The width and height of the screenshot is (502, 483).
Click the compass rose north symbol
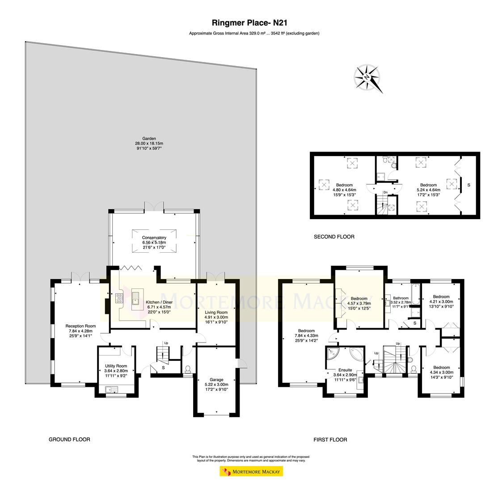367,77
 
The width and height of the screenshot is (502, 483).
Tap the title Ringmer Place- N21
252,22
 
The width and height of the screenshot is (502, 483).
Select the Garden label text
149,139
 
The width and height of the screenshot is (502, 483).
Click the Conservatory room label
154,237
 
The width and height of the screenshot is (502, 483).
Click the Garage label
216,380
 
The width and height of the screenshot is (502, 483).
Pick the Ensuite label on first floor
345,370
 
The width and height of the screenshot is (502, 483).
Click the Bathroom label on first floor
401,298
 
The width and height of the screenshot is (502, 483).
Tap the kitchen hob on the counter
120,298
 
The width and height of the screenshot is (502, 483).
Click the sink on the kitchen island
135,298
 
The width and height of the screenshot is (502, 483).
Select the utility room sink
110,390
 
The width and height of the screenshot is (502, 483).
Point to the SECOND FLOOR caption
334,237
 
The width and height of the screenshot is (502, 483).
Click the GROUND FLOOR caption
69,440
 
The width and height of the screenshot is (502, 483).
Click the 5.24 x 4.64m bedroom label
428,185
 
